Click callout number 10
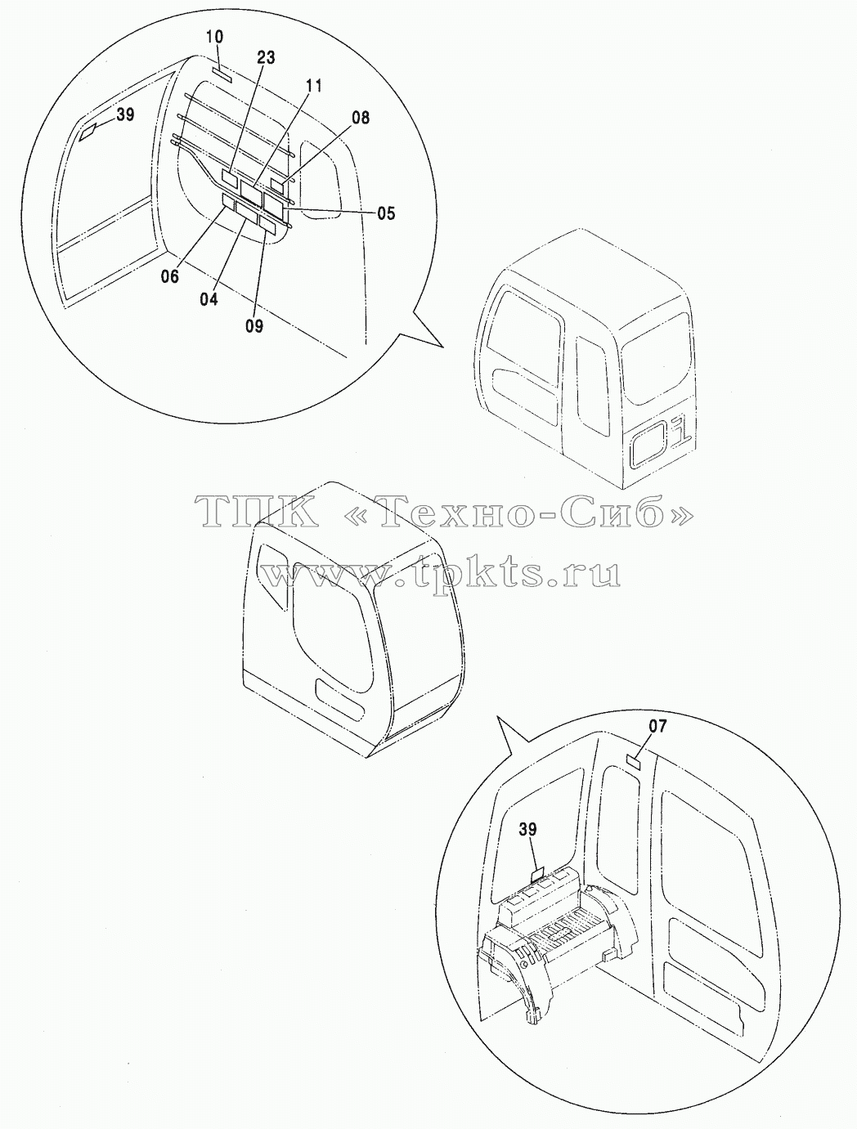pos(214,37)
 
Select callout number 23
pos(266,57)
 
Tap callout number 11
pos(313,86)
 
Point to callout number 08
pos(361,118)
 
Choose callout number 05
pos(386,213)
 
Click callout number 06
pos(170,276)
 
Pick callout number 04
pos(209,299)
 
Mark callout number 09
pos(254,325)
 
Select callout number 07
pos(657,726)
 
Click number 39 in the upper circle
pos(125,114)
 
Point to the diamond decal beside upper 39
pos(88,132)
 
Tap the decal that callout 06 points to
pos(227,201)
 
